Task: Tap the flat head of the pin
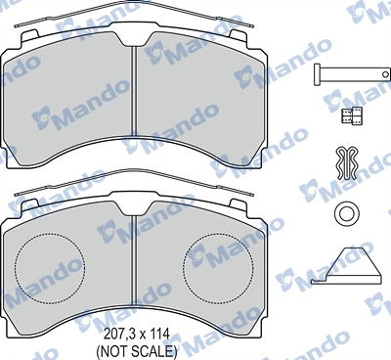[x=320, y=72]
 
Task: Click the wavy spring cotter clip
[x=344, y=163]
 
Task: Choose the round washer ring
[x=345, y=215]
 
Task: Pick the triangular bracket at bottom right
[x=343, y=265]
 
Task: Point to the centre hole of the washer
[x=345, y=215]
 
